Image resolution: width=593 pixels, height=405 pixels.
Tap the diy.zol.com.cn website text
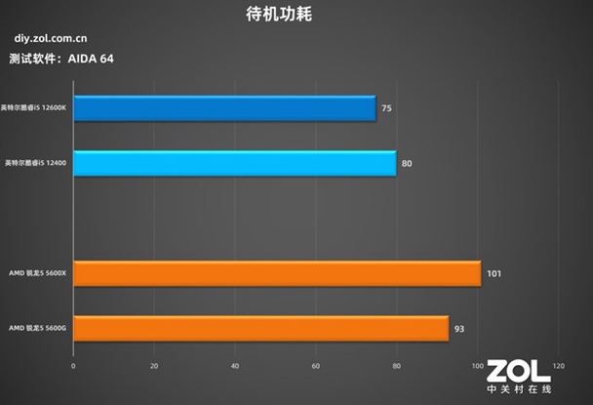[54, 39]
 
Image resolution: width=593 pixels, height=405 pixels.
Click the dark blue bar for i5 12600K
[224, 108]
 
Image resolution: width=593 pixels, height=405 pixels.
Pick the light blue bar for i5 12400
[234, 163]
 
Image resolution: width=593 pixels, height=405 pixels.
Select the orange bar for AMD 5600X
[277, 273]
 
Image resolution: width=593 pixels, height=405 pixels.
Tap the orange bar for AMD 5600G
[260, 328]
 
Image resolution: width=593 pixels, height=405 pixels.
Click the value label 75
[387, 108]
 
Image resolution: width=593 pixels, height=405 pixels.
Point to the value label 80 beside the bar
[407, 163]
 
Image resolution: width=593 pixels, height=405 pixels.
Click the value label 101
[494, 273]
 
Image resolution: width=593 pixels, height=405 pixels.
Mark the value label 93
[459, 328]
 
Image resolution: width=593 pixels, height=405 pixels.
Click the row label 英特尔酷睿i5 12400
[35, 163]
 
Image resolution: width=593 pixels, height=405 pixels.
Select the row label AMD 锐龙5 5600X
[36, 273]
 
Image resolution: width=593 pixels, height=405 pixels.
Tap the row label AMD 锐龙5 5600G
[36, 328]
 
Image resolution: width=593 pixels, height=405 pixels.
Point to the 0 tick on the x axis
[73, 366]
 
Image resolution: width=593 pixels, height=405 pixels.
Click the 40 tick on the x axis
[235, 366]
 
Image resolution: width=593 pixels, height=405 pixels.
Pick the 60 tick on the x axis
[316, 366]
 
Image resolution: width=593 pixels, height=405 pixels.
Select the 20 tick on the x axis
[154, 366]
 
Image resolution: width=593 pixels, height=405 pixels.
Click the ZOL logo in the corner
[520, 376]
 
